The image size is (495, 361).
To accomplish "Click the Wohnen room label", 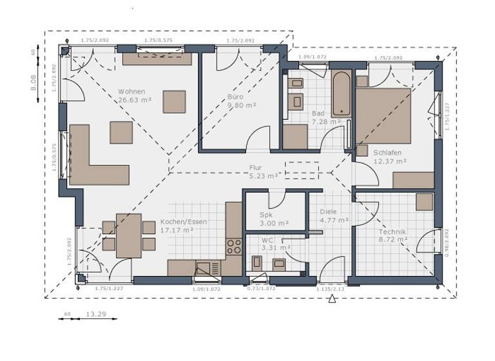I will click(131, 92).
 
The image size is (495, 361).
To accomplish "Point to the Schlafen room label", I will click(387, 153).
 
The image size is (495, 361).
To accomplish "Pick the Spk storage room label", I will click(266, 215).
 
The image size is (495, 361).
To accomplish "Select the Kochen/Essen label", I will click(184, 222).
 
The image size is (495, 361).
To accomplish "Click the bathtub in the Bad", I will click(341, 94).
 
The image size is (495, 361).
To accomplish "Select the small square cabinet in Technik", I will click(424, 202).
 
